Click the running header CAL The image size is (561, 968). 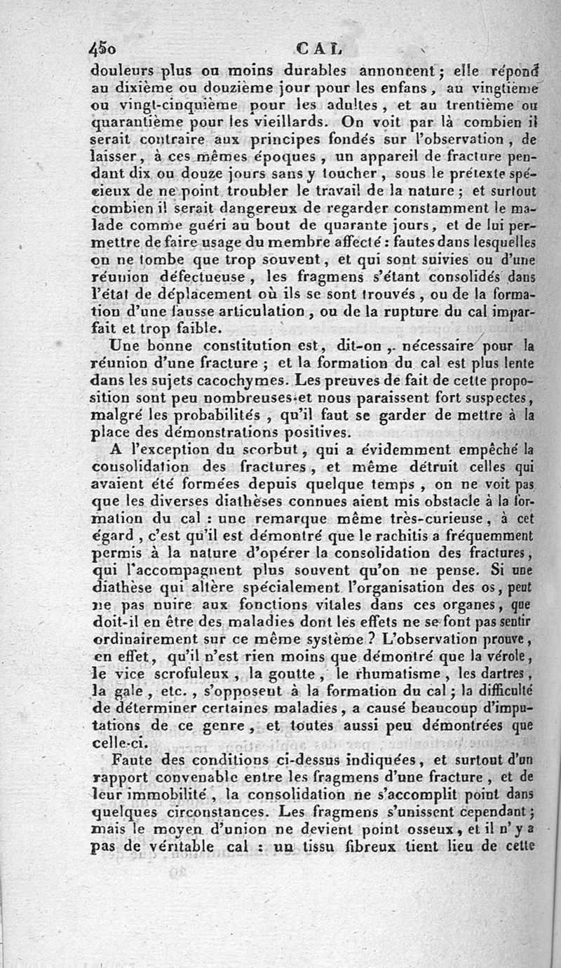[x=318, y=49]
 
